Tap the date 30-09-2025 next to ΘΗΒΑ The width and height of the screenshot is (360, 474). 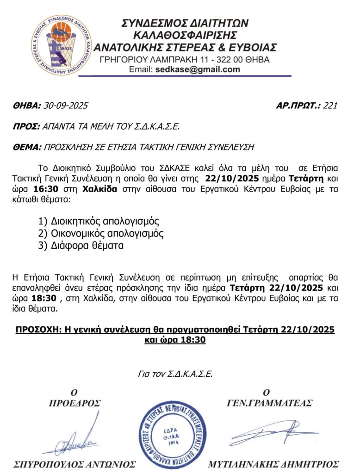click(x=65, y=106)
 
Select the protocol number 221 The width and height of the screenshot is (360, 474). click(x=330, y=106)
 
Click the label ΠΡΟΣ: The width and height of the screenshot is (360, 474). click(x=26, y=127)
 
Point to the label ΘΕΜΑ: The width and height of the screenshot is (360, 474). click(x=27, y=148)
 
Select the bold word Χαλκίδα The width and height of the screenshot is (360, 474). click(x=103, y=189)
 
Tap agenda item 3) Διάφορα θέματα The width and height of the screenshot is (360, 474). click(x=81, y=246)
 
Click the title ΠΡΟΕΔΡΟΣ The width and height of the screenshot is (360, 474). click(x=74, y=403)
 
